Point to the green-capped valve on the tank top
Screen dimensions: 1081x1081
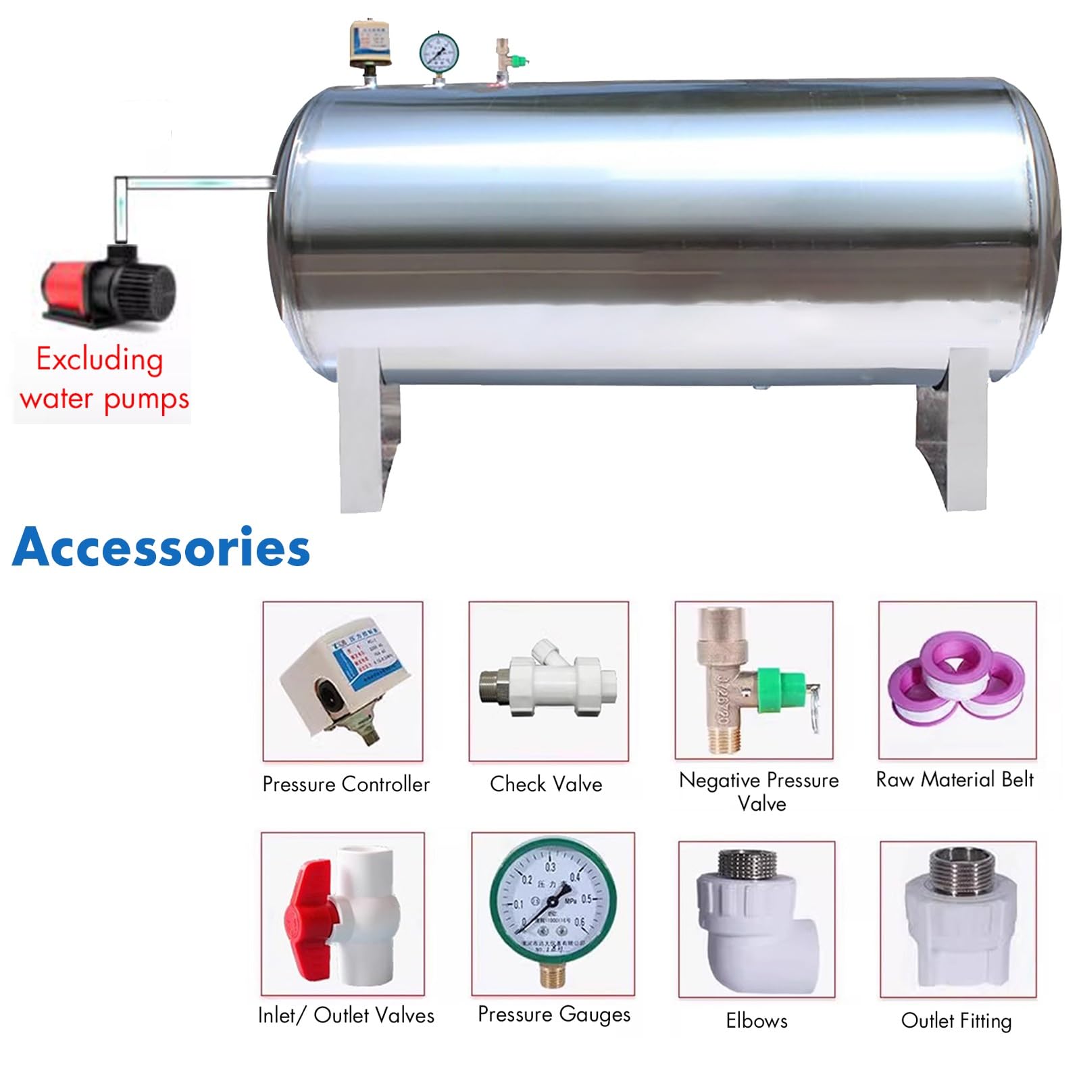(x=518, y=60)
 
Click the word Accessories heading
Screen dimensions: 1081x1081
(x=161, y=547)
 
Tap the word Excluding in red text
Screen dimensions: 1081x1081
(x=99, y=359)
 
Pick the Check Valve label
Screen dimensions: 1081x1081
(x=546, y=784)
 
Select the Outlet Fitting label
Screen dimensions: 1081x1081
(x=957, y=1020)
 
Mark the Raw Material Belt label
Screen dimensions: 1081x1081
(x=955, y=780)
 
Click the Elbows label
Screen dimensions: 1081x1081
(x=757, y=1020)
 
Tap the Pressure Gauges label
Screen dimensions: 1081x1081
(x=554, y=1014)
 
